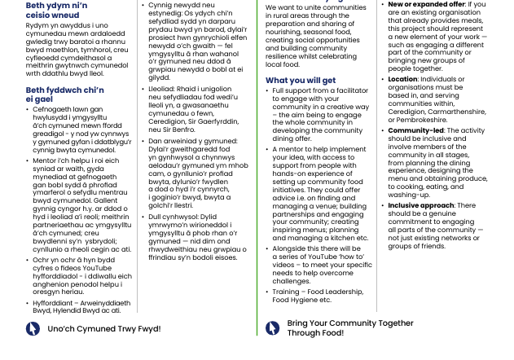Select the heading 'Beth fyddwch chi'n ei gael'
[64, 94]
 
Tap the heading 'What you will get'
[300, 81]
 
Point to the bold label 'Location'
[402, 80]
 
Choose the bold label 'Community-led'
[415, 130]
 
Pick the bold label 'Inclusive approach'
[420, 206]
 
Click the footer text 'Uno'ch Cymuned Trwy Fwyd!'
[103, 329]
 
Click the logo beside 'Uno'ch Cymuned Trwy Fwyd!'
[33, 329]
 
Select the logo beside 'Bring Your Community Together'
[273, 328]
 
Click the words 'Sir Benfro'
[179, 130]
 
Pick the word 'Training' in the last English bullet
[286, 292]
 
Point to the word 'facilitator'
[349, 91]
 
